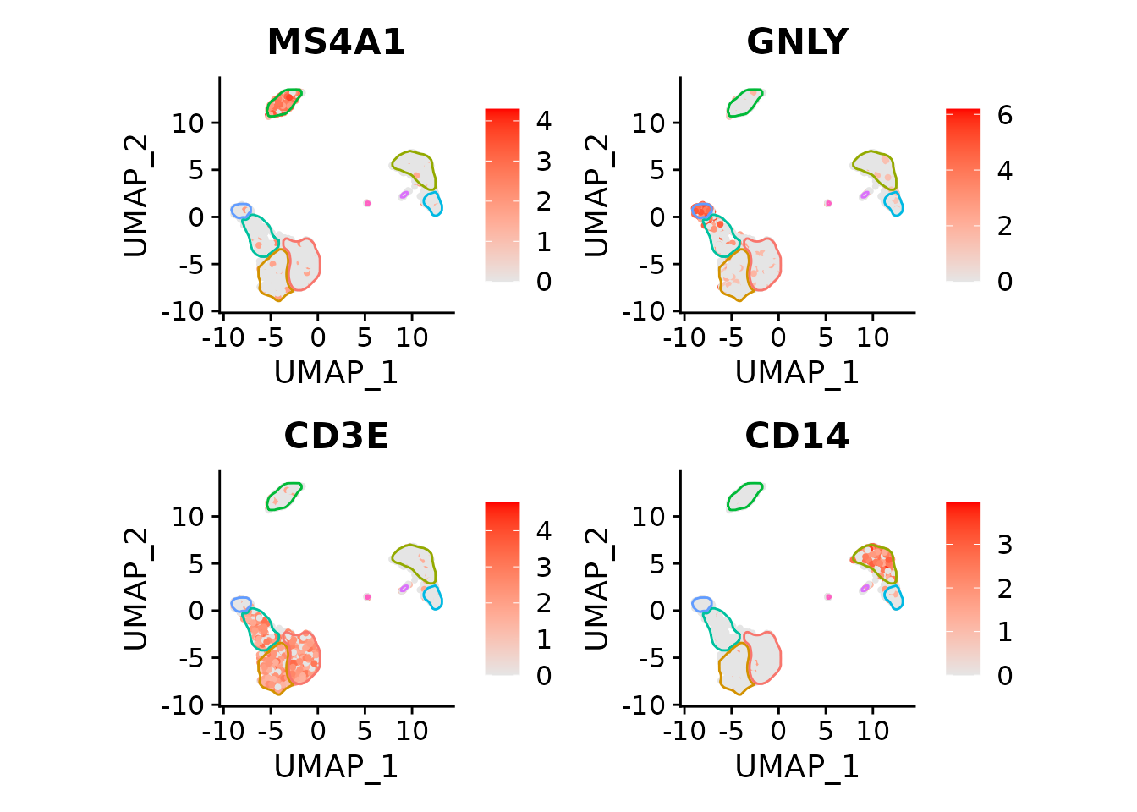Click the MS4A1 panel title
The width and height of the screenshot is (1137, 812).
point(336,42)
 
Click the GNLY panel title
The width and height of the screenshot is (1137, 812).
point(797,42)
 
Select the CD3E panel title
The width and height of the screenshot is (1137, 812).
point(336,436)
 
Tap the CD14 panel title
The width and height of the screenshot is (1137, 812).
point(797,436)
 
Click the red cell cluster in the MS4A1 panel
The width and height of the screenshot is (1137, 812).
point(283,102)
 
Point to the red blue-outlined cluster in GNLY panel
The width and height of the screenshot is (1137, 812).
point(701,210)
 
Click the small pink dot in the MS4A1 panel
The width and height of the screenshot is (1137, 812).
point(367,203)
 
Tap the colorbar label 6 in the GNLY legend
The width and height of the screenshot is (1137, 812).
point(1004,115)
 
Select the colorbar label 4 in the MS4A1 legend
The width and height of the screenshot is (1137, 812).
point(543,121)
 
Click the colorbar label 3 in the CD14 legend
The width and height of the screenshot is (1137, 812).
point(1004,545)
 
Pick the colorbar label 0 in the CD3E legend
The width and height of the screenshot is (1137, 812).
point(543,676)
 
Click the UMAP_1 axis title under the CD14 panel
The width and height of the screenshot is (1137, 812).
point(797,766)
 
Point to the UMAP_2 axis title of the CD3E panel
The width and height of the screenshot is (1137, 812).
point(136,589)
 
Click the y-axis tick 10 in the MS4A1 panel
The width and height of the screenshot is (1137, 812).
point(188,123)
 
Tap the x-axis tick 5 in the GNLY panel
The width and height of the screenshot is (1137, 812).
point(825,338)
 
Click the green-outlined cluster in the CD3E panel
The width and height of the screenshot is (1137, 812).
point(283,497)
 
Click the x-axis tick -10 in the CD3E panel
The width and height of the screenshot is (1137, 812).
point(223,732)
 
